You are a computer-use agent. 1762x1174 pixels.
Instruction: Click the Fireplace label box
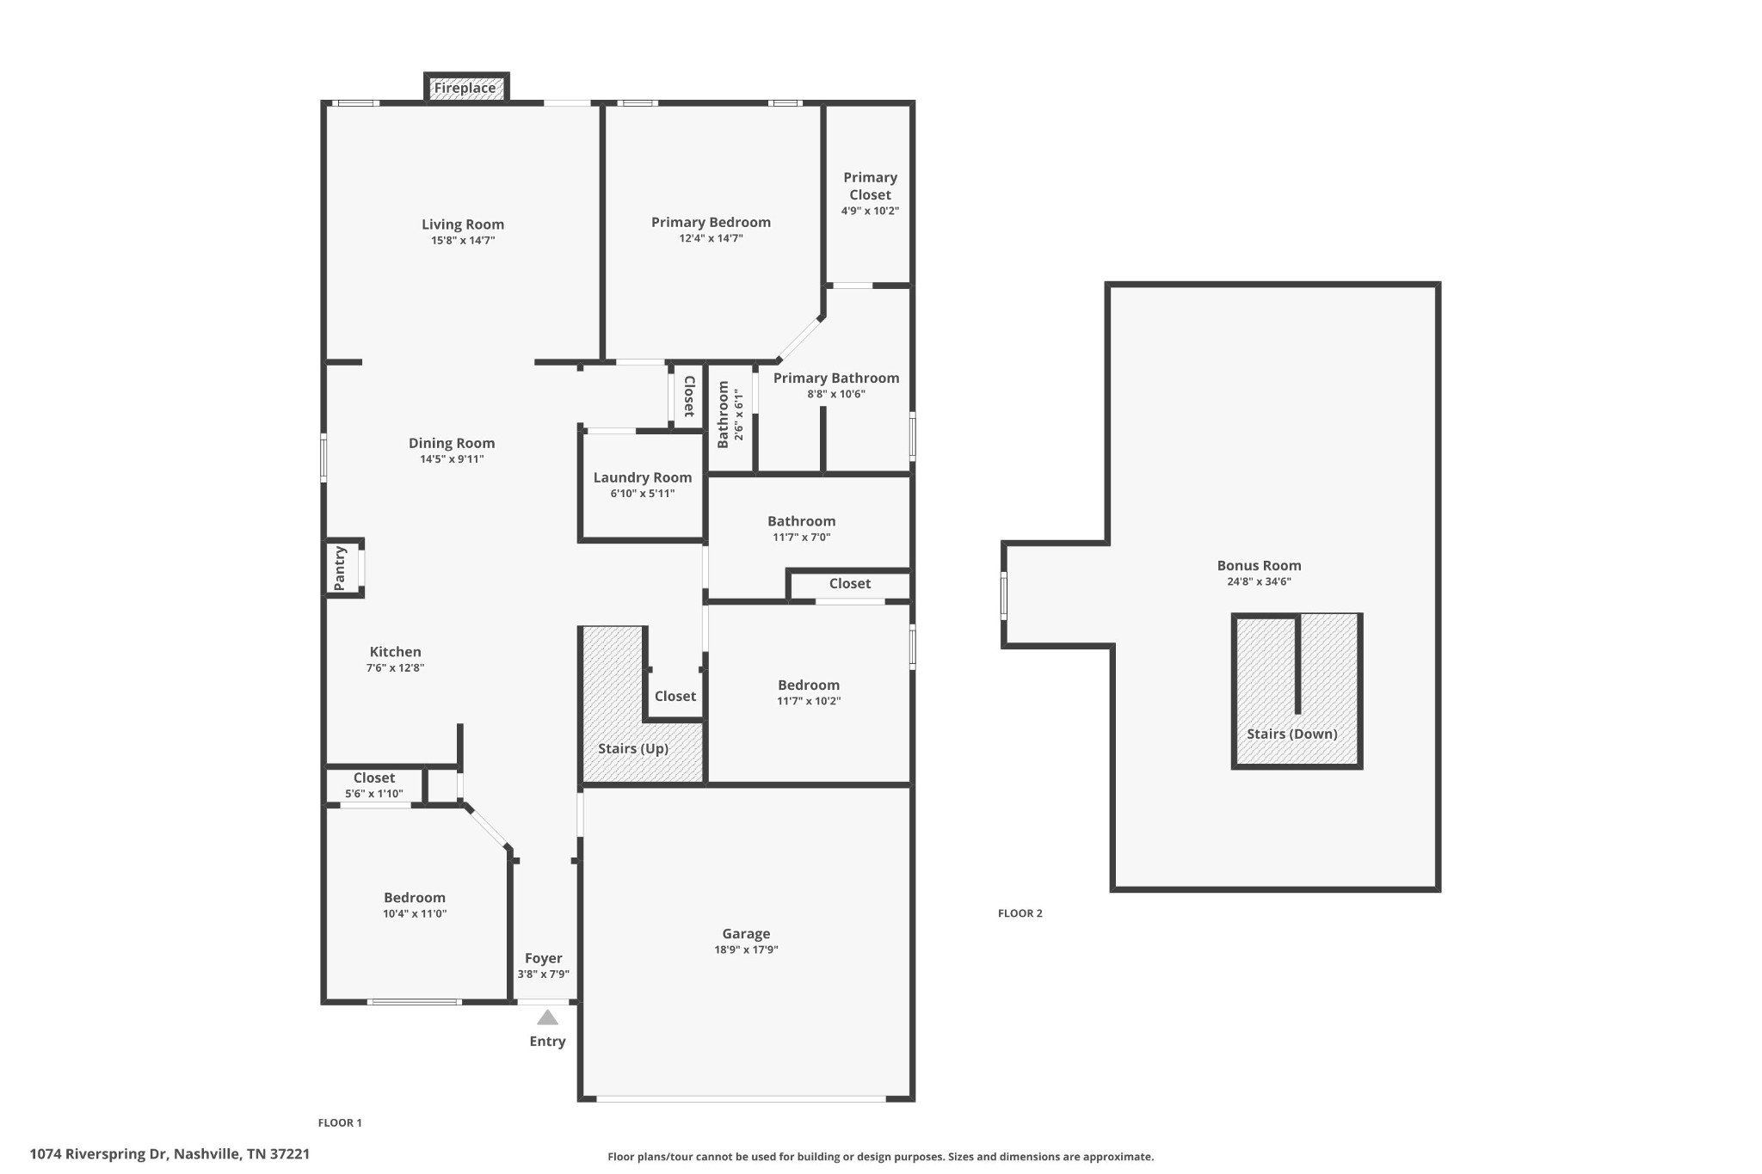pyautogui.click(x=465, y=88)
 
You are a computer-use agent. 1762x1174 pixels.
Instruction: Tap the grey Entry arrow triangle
pyautogui.click(x=547, y=1018)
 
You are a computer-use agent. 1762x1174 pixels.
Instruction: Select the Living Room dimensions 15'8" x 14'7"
pyautogui.click(x=463, y=241)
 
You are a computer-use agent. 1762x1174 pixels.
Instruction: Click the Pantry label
pyautogui.click(x=340, y=568)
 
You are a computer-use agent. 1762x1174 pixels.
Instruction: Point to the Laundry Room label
pyautogui.click(x=642, y=477)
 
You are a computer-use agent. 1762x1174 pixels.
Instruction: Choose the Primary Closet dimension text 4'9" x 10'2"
pyautogui.click(x=870, y=211)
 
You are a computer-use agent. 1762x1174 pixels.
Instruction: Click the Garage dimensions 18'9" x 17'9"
pyautogui.click(x=746, y=950)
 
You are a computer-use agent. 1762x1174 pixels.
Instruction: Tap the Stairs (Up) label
pyautogui.click(x=633, y=748)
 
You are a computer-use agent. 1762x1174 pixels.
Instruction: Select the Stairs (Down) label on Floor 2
pyautogui.click(x=1291, y=734)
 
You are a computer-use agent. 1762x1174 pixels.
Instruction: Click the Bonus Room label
pyautogui.click(x=1259, y=565)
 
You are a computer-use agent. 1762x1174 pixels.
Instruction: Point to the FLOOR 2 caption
pyautogui.click(x=1020, y=913)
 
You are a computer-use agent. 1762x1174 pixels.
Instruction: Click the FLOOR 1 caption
pyautogui.click(x=340, y=1122)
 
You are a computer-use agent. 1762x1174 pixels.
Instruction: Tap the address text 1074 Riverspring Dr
pyautogui.click(x=169, y=1153)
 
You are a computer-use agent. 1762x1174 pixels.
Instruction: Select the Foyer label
pyautogui.click(x=543, y=958)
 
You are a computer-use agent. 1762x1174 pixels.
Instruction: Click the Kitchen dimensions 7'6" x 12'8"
pyautogui.click(x=395, y=668)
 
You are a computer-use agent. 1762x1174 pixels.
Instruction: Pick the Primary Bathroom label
pyautogui.click(x=835, y=378)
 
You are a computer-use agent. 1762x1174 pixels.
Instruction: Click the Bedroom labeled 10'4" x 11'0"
pyautogui.click(x=415, y=898)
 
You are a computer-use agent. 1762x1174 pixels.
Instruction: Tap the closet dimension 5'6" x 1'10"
pyautogui.click(x=373, y=794)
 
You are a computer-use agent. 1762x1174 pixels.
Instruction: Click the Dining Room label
pyautogui.click(x=452, y=443)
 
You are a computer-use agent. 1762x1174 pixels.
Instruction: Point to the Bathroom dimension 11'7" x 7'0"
pyautogui.click(x=801, y=538)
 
